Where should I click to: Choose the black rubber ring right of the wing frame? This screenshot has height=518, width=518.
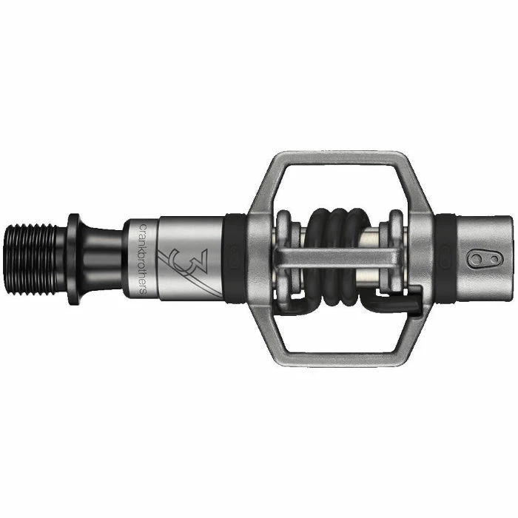click(x=445, y=256)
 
